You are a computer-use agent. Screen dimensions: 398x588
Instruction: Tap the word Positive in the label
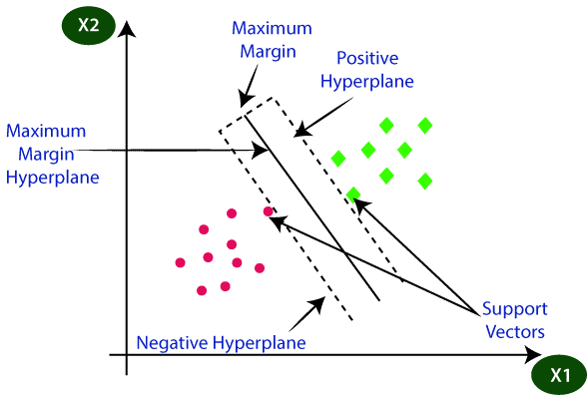point(368,58)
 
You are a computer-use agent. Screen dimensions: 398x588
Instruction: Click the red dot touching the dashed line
point(268,211)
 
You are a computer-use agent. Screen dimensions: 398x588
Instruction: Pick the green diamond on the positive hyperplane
point(352,194)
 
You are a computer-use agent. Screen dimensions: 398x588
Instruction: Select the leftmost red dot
point(180,263)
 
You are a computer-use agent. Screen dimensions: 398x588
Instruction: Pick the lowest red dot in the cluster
point(202,290)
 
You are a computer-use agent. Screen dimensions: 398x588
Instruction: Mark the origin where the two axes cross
point(127,355)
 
